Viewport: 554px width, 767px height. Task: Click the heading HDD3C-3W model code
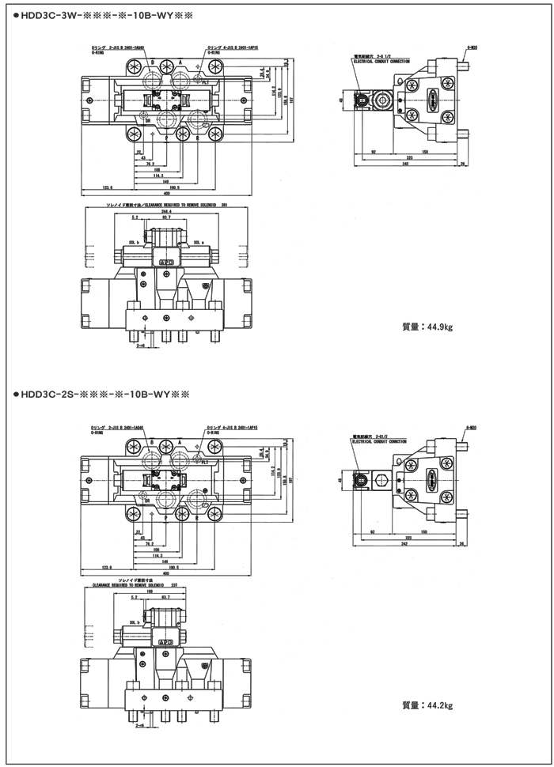click(103, 15)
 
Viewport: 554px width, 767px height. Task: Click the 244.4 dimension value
click(165, 211)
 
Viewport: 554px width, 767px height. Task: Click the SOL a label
click(196, 243)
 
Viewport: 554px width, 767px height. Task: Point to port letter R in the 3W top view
click(196, 137)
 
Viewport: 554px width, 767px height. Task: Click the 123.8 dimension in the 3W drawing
click(107, 187)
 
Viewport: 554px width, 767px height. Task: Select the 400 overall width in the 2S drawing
click(167, 572)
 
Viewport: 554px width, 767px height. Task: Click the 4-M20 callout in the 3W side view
click(471, 47)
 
